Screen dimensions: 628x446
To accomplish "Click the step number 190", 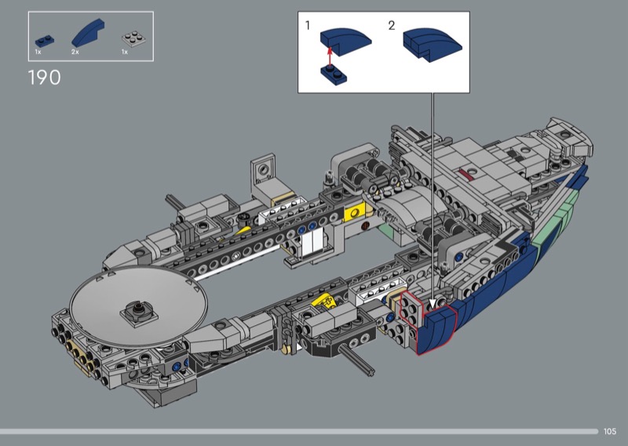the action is tap(45, 77).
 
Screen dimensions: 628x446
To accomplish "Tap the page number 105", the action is tap(610, 431).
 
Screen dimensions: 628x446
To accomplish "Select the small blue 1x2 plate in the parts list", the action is tap(45, 41).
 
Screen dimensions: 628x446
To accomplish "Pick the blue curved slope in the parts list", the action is tap(88, 33).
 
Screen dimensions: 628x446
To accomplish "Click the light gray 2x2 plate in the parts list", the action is tap(133, 38).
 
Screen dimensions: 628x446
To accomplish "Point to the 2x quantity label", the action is tap(75, 52).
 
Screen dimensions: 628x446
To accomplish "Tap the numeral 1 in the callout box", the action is tap(308, 26).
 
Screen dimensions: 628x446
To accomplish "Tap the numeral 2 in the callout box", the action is tap(391, 26).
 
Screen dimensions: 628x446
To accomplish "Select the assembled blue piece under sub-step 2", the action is tap(433, 44).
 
